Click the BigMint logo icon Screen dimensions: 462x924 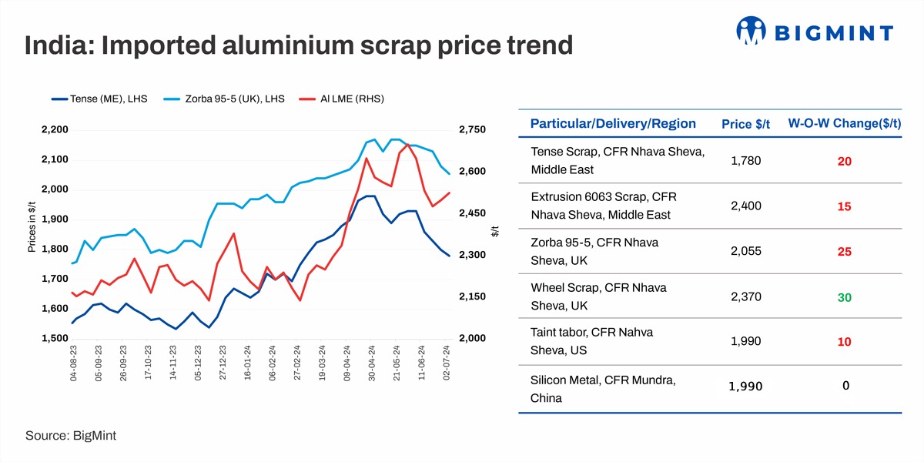point(752,32)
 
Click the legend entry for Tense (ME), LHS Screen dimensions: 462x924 point(100,99)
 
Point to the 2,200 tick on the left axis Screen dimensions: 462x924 point(53,130)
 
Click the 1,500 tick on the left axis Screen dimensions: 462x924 point(53,339)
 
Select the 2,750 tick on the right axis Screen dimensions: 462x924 point(472,130)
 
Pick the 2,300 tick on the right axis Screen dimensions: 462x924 point(472,255)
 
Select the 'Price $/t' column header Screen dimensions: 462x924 point(747,125)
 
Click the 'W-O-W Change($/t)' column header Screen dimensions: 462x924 point(844,123)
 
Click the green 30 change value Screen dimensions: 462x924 point(844,297)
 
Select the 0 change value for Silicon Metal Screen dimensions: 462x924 point(845,385)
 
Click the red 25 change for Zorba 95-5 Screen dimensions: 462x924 point(844,252)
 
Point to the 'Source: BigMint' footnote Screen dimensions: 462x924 point(71,436)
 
